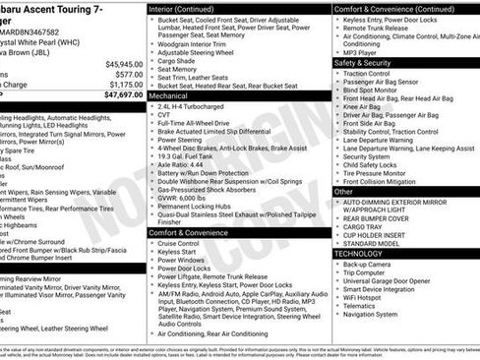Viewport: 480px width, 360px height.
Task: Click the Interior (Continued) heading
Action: [x=190, y=8]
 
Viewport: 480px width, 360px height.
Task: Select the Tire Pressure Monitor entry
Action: [x=388, y=173]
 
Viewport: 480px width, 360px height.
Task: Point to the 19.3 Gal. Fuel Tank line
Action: [x=193, y=155]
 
